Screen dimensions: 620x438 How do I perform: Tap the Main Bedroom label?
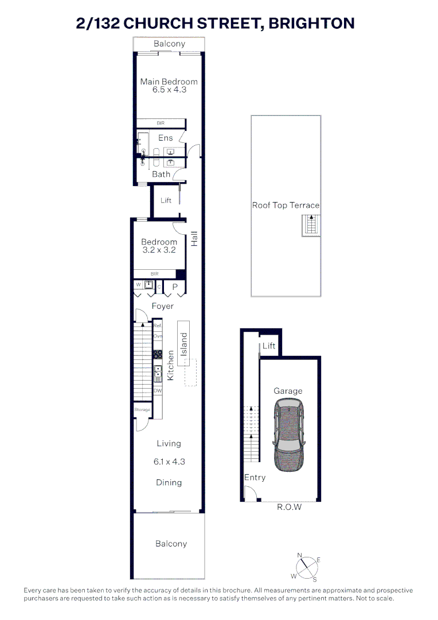click(x=169, y=82)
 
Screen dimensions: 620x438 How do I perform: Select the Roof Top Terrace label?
click(x=286, y=205)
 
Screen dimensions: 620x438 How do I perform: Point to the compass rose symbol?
click(x=308, y=567)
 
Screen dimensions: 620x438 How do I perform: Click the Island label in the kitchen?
click(x=184, y=344)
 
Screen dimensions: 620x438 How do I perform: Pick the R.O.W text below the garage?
click(x=289, y=507)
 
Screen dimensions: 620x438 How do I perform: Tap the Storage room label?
click(x=142, y=410)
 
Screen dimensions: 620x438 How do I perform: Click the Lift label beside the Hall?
click(x=166, y=200)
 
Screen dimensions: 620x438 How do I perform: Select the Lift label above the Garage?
click(x=269, y=346)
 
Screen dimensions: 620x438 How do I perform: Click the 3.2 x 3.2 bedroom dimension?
click(x=159, y=250)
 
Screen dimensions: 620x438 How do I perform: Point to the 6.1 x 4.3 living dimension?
click(x=169, y=461)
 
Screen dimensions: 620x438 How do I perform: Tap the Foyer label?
click(x=162, y=306)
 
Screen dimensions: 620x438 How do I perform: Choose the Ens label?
click(x=165, y=138)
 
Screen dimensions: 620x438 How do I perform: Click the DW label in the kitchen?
click(x=157, y=392)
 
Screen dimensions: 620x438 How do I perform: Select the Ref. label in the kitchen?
click(x=157, y=325)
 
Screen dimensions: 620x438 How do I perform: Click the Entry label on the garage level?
click(x=255, y=477)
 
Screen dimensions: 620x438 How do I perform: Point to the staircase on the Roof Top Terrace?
click(x=311, y=225)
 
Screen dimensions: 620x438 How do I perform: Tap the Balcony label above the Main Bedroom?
click(x=169, y=44)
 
